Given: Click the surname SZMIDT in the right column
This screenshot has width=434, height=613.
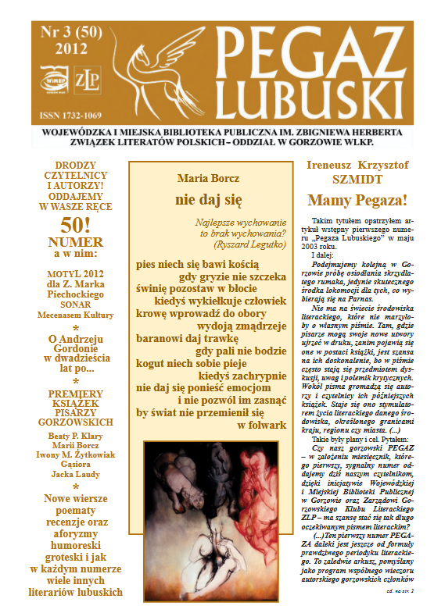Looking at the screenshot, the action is (359, 179).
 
